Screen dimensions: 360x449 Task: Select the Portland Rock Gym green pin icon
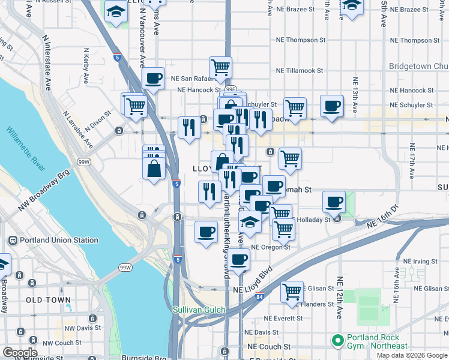pos(337,341)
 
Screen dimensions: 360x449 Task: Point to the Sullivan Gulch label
pos(199,310)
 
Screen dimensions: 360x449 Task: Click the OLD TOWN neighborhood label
pos(48,299)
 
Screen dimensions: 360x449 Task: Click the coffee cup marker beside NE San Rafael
pos(154,78)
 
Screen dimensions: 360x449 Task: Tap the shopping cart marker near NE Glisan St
pos(292,292)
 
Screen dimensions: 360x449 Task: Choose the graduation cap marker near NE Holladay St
pos(250,222)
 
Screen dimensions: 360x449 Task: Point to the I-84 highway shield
pos(259,296)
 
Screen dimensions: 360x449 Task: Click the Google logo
pos(20,353)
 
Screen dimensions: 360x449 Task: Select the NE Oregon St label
pos(271,247)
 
